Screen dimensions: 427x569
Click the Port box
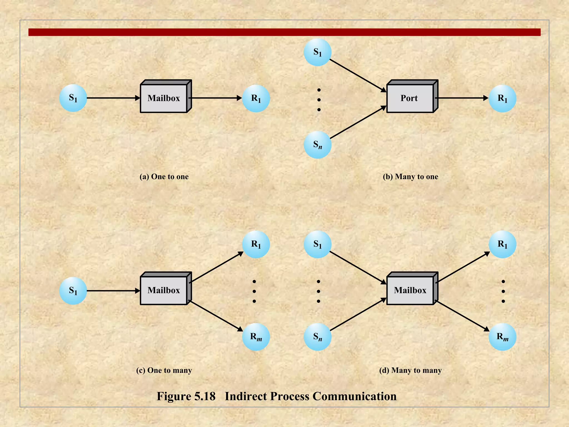(410, 98)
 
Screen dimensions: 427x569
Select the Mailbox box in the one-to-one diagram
(164, 98)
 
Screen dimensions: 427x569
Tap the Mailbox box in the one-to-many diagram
(164, 290)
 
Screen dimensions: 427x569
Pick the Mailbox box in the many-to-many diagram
(410, 290)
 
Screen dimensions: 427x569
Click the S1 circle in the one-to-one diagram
(73, 98)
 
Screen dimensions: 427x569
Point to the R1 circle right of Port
(502, 98)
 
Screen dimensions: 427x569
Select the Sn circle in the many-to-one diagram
(318, 145)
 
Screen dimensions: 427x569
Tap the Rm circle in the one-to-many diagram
(256, 337)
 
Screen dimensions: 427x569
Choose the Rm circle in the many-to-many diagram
(502, 337)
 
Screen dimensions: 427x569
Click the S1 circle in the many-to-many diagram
(318, 244)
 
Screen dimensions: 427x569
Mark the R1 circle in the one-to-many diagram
(256, 244)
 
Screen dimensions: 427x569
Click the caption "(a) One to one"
(164, 177)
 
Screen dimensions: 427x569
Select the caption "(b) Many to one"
(410, 177)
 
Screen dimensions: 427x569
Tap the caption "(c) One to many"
(164, 370)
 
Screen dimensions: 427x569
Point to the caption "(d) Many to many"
(410, 370)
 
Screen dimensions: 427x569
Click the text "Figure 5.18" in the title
(186, 396)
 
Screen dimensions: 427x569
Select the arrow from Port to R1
(461, 98)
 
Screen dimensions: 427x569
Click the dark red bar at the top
(284, 32)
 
